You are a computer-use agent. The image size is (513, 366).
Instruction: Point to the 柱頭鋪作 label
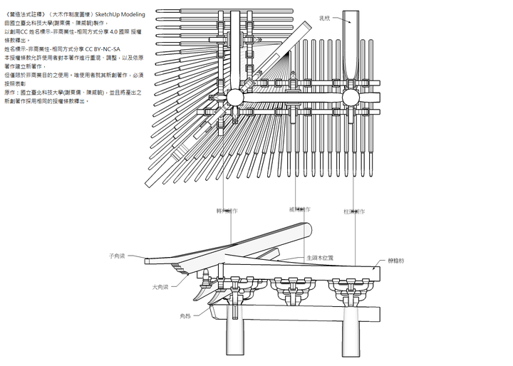(354, 211)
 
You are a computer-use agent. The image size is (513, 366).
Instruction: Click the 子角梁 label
(117, 255)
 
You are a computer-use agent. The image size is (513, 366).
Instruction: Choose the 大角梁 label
(161, 287)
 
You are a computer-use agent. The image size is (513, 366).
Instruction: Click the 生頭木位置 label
(320, 257)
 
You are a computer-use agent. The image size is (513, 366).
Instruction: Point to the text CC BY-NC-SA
(105, 49)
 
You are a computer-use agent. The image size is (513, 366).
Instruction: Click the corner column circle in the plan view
(234, 98)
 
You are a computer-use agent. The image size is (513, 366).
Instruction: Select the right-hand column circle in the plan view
(351, 98)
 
